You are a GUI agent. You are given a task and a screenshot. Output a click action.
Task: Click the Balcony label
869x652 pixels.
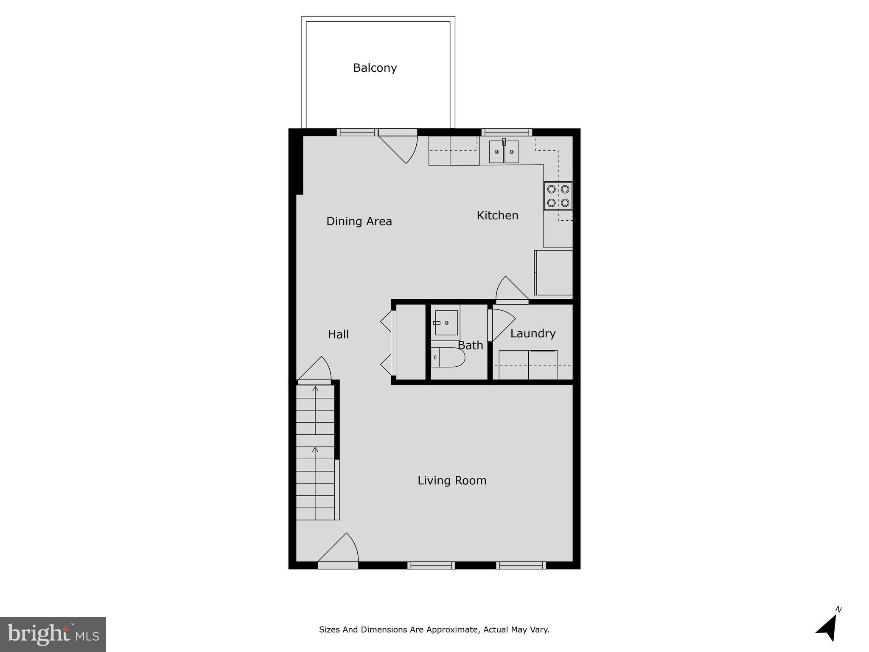pos(375,68)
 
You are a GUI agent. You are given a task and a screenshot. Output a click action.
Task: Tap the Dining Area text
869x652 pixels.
pos(359,221)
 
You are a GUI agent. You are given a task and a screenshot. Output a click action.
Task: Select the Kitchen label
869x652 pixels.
pos(497,215)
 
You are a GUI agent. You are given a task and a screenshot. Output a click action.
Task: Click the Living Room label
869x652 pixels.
pos(452,481)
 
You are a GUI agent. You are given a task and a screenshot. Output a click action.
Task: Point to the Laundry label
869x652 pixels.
pos(533,333)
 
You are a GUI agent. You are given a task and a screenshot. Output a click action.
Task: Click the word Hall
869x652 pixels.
pos(338,334)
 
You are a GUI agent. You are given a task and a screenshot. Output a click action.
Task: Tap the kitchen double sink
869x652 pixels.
pos(504,152)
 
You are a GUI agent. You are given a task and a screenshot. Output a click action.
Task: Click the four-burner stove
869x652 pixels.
pos(558,196)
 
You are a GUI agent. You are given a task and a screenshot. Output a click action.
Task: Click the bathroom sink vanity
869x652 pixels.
pos(446,323)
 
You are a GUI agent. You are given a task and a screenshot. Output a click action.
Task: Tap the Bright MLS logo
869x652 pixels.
pos(53,634)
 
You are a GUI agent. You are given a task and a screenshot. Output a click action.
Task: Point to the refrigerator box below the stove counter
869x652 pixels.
pos(554,273)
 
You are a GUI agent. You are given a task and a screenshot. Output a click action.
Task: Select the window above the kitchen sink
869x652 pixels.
pos(507,132)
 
